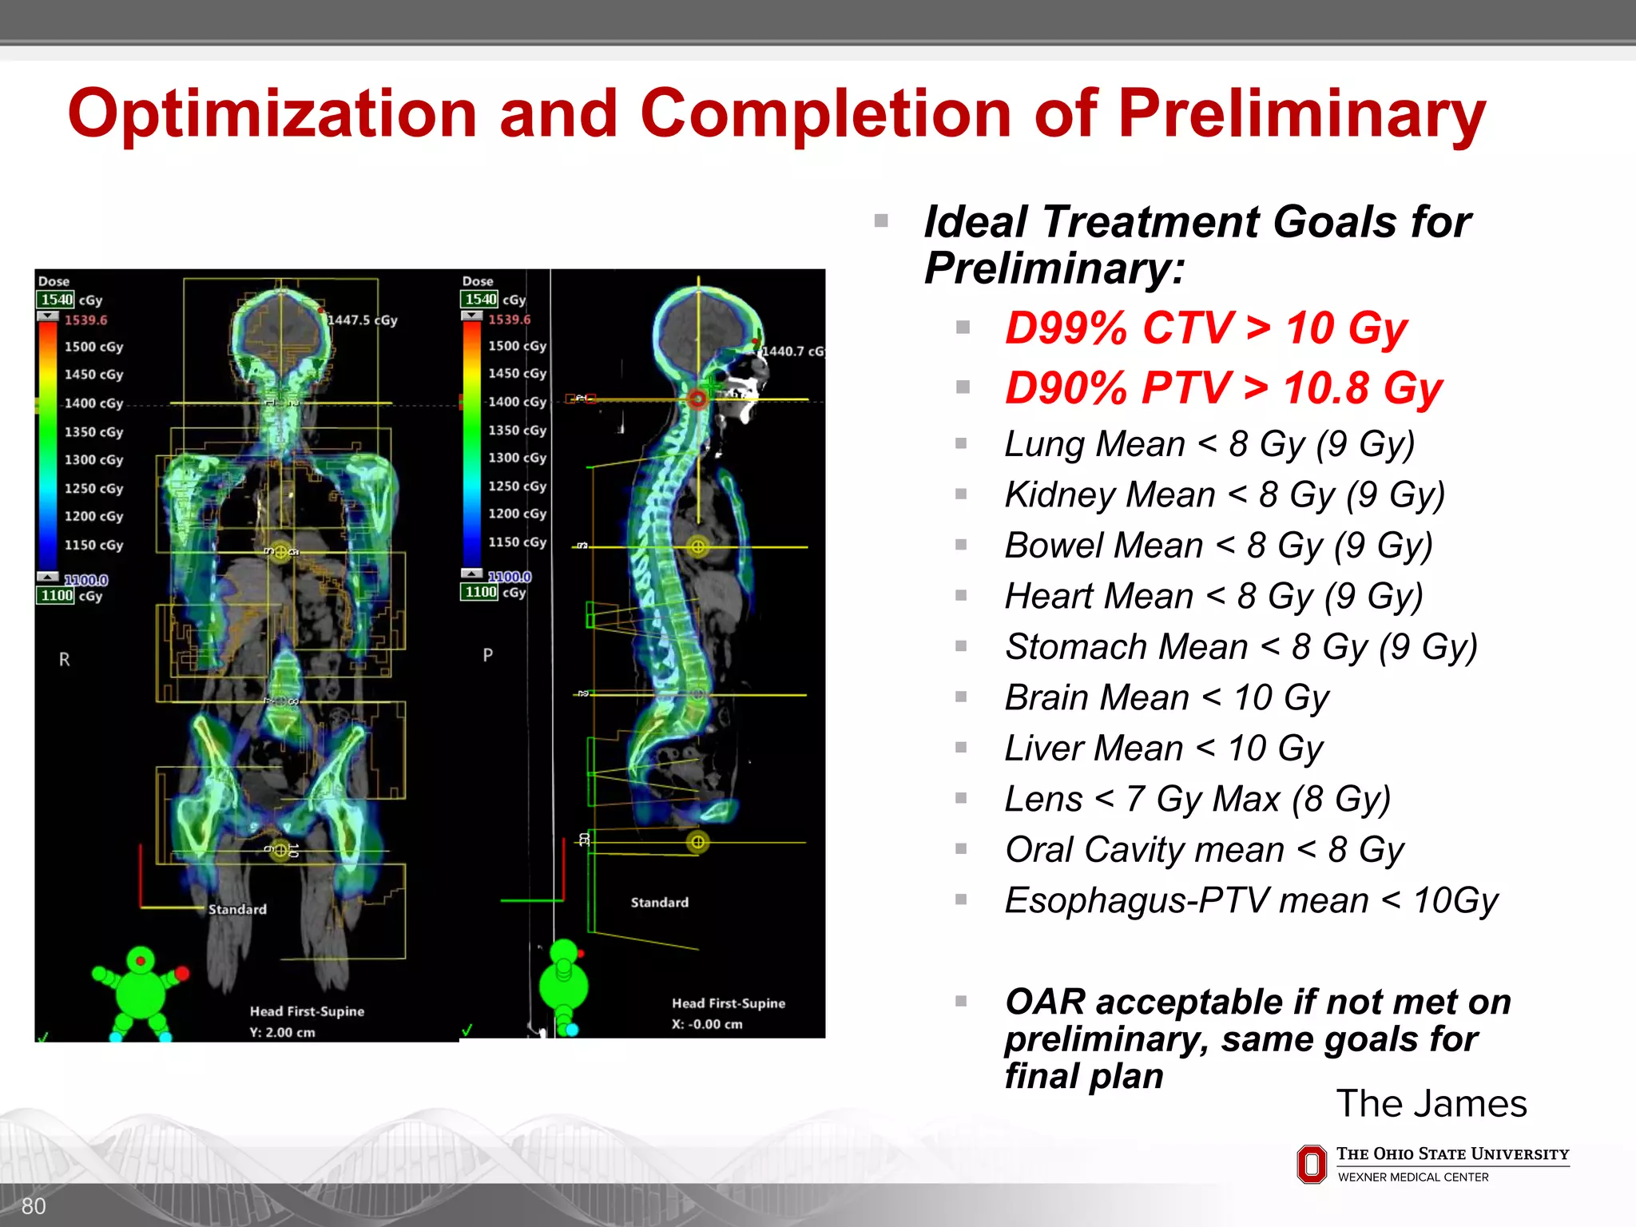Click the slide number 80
coord(34,1206)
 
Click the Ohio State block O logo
coord(1311,1164)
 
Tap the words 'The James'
coord(1431,1104)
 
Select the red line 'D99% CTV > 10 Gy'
coord(1205,328)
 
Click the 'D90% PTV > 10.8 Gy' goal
coord(1222,388)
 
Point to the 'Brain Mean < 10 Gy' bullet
coord(1165,697)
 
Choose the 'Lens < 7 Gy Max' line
coord(1197,799)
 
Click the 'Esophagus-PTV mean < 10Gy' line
coord(1250,900)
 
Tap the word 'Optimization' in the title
coord(272,113)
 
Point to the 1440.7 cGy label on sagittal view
coord(792,351)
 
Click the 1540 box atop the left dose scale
coord(56,300)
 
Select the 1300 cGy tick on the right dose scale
coord(517,458)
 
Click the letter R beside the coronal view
coord(65,660)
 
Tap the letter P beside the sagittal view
coord(487,655)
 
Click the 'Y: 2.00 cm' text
coord(282,1032)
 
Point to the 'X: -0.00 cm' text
coord(706,1024)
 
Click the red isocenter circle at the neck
coord(697,399)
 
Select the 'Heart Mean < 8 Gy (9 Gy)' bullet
coord(1213,596)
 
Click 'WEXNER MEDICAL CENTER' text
coord(1412,1177)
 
